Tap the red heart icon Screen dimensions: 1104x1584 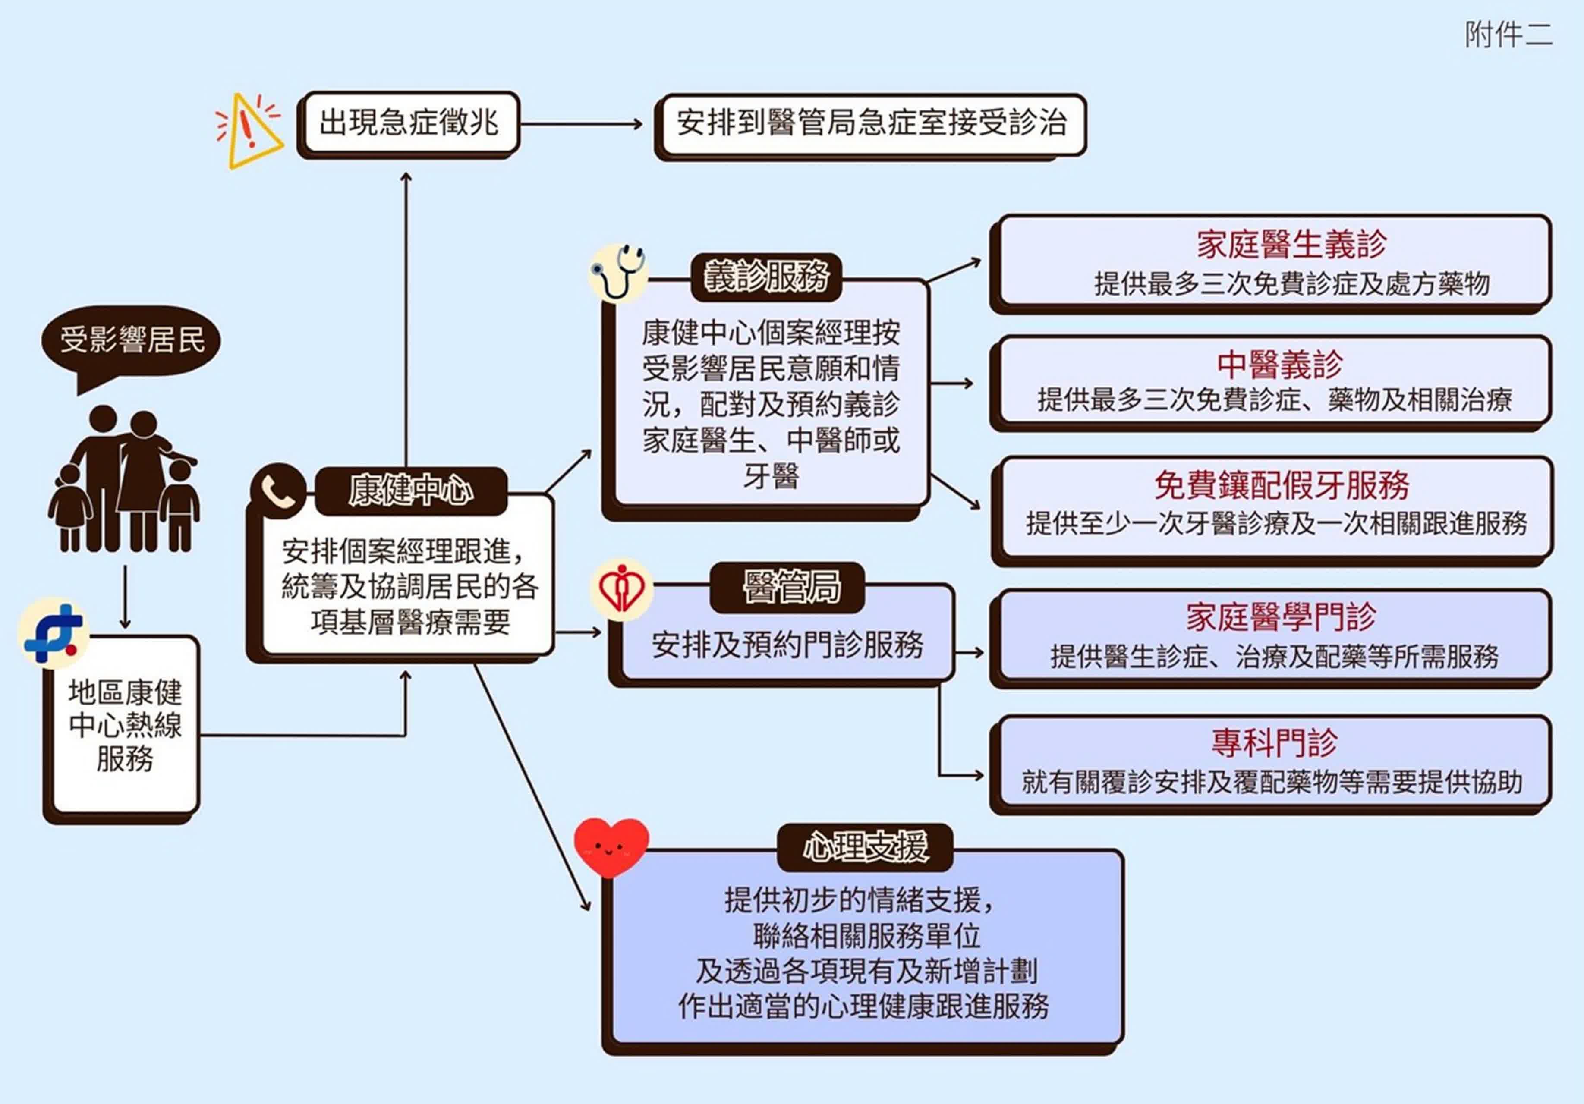coord(611,847)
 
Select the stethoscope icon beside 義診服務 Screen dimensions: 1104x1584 coord(618,272)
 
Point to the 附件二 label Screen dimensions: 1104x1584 coord(1508,35)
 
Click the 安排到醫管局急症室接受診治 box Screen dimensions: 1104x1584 coord(871,124)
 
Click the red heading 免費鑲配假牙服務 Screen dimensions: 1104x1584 coord(1281,485)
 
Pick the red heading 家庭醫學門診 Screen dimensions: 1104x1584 coord(1281,616)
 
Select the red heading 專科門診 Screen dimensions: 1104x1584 coord(1274,742)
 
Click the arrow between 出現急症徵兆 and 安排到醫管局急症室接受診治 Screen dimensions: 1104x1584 coord(581,125)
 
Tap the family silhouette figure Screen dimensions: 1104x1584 coord(124,479)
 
